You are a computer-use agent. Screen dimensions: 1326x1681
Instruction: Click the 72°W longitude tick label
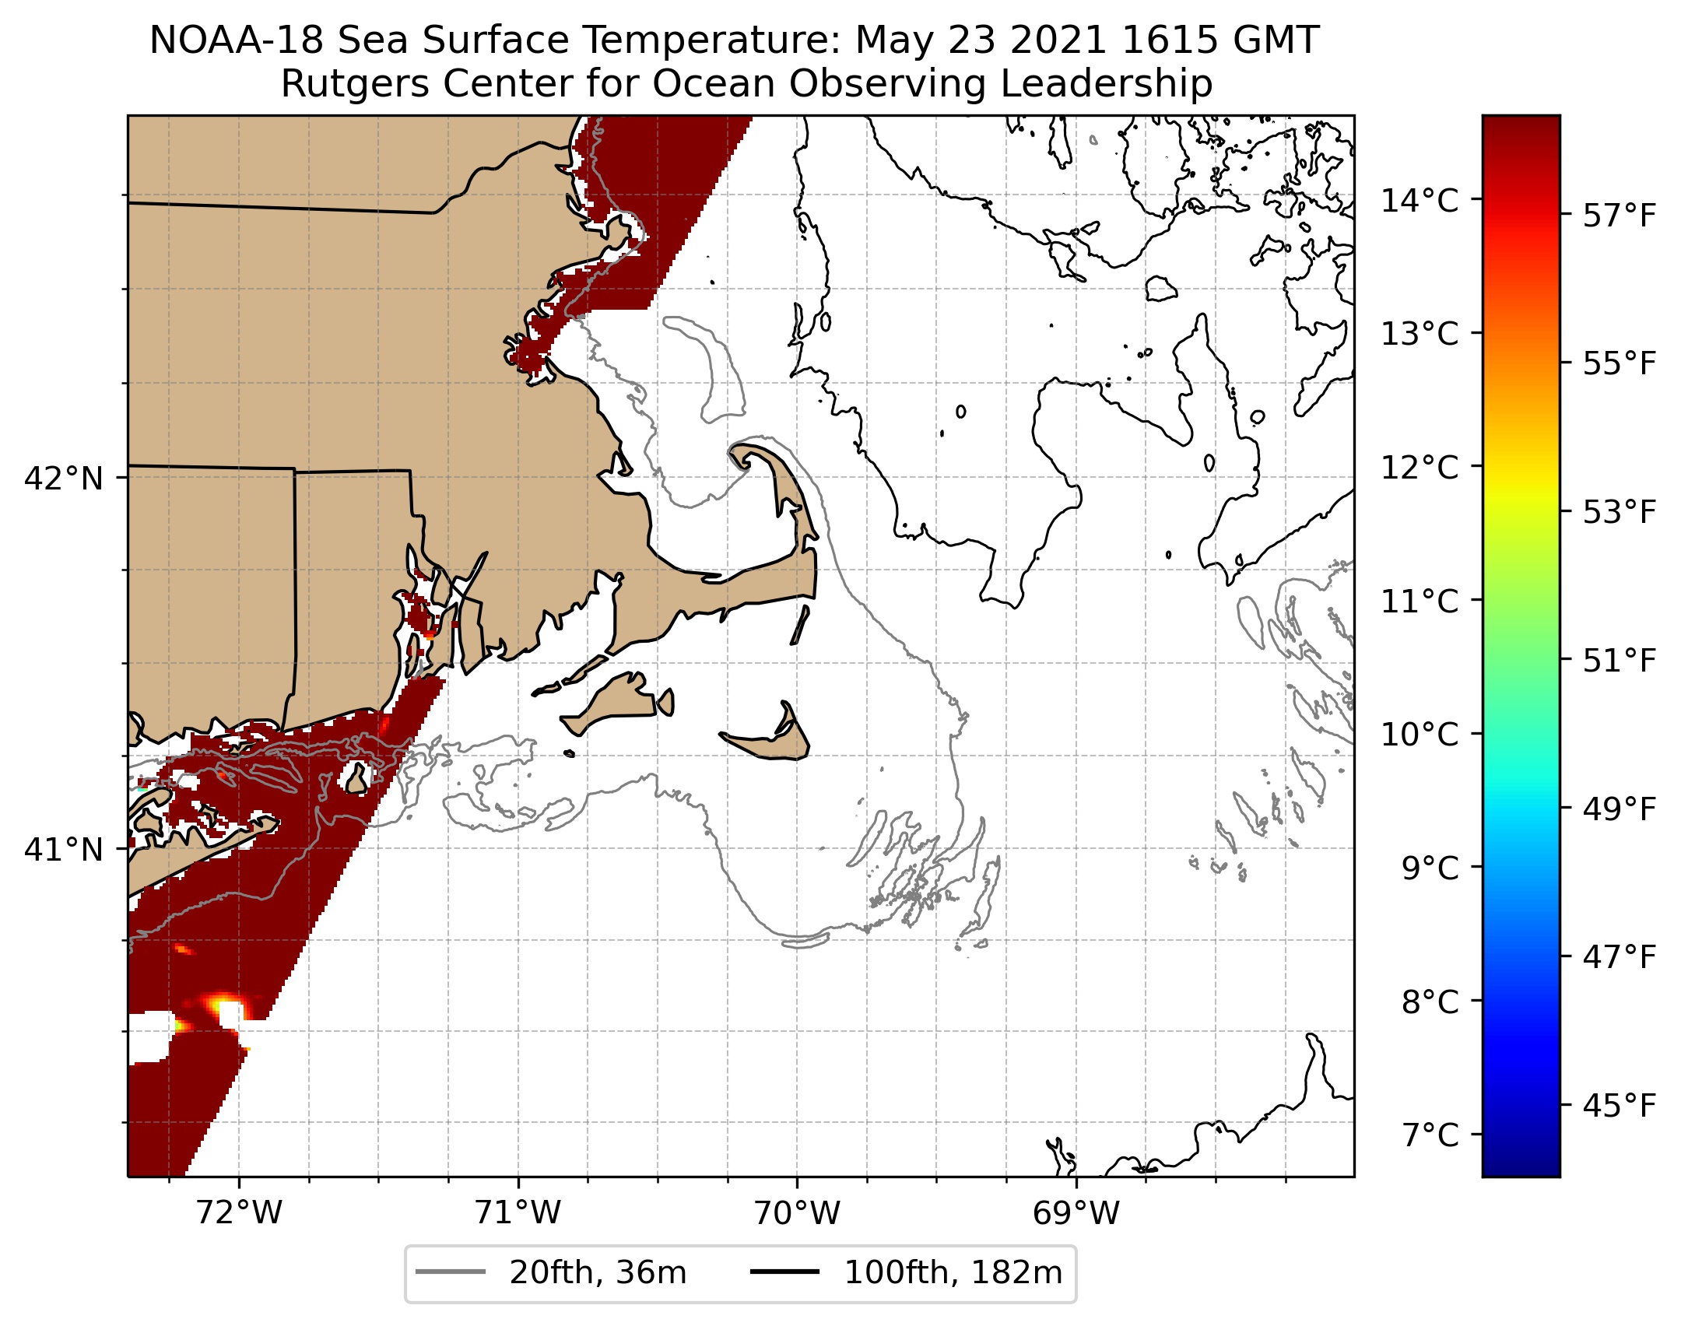(239, 1213)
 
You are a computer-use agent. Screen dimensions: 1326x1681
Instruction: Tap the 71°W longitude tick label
(518, 1213)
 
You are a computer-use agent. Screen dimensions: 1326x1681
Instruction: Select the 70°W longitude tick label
(797, 1213)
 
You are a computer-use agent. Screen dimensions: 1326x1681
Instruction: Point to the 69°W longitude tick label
(1076, 1213)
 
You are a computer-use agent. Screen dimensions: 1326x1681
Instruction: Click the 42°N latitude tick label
(64, 479)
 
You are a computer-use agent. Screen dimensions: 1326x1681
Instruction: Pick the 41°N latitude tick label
(64, 850)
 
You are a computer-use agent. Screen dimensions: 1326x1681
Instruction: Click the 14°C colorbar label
(1420, 201)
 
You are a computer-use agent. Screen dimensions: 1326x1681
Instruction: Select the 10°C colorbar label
(1420, 735)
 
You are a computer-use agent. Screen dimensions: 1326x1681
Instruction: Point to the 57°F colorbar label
(1620, 216)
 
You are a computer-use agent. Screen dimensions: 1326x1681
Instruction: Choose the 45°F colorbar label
(1620, 1105)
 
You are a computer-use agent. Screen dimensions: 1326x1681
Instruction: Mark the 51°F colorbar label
(1620, 661)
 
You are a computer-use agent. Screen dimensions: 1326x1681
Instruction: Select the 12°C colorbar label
(1420, 468)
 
